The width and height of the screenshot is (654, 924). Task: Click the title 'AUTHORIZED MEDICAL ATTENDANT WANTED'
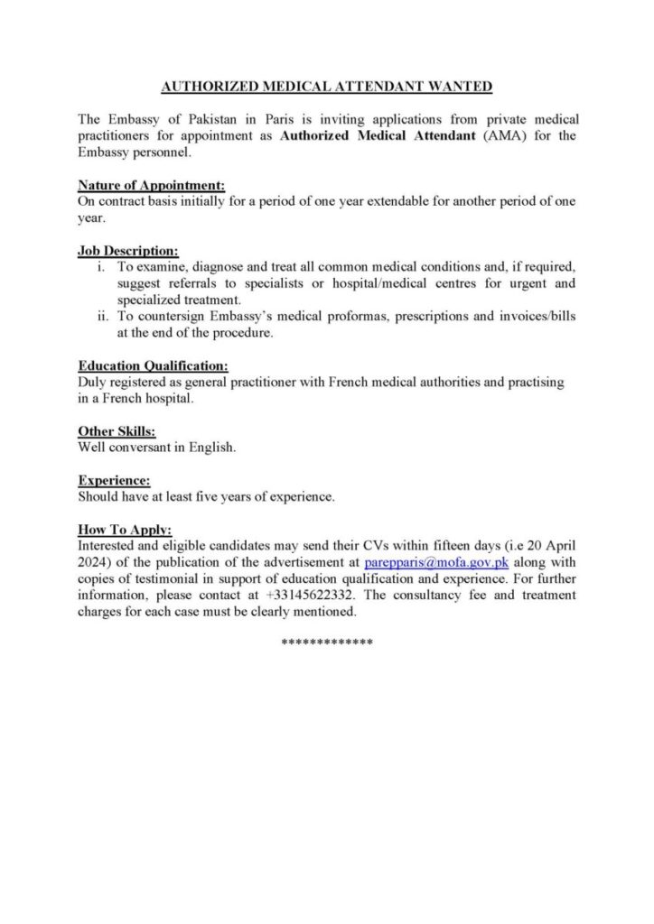click(x=327, y=87)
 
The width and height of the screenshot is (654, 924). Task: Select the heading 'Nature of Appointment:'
click(x=151, y=186)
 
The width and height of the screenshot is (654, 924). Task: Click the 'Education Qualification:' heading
click(x=153, y=366)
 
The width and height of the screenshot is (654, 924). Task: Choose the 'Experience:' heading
click(x=114, y=481)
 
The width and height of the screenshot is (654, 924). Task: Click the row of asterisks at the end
click(x=327, y=642)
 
